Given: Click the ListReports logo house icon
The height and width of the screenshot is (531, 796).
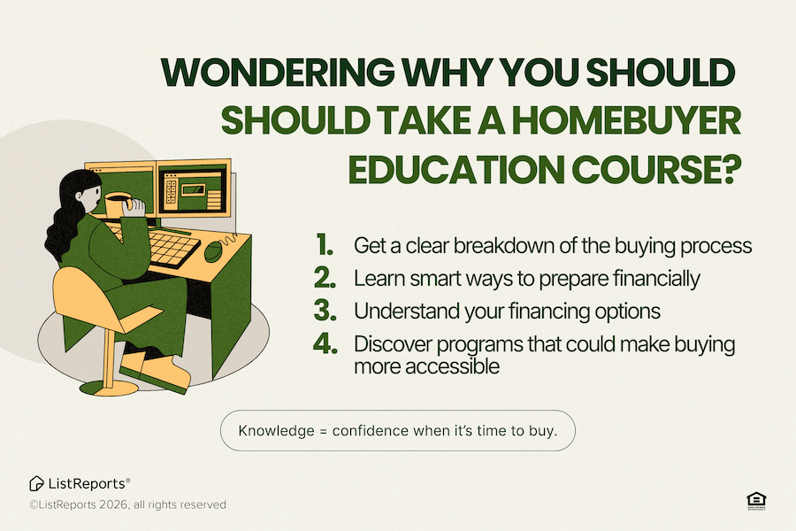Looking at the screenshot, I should [36, 483].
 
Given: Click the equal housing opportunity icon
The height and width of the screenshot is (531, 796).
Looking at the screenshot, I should [755, 500].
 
